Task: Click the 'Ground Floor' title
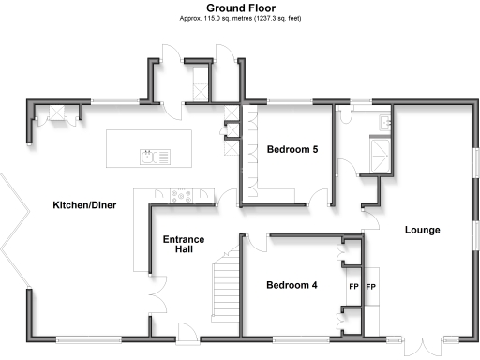(239, 7)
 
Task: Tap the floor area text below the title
(239, 18)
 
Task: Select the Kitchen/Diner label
(83, 205)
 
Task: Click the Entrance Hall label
(184, 245)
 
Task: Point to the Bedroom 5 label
(292, 149)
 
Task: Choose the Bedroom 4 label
(291, 285)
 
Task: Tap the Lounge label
(422, 230)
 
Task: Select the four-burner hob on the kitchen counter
(180, 196)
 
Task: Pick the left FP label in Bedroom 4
(353, 286)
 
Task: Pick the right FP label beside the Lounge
(370, 286)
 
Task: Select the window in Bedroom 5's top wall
(287, 99)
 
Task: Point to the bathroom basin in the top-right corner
(385, 121)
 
